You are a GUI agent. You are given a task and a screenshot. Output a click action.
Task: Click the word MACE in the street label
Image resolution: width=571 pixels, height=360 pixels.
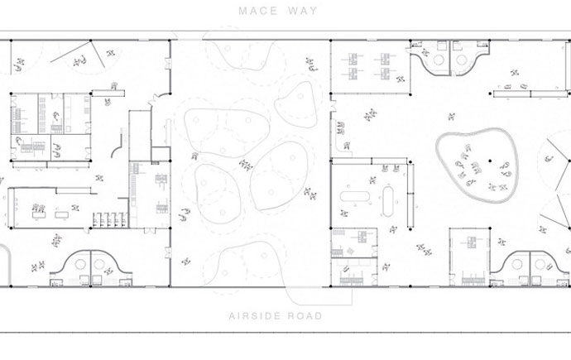coord(258,11)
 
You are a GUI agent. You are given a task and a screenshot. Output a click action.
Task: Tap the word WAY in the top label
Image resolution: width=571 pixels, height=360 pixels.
coord(303,11)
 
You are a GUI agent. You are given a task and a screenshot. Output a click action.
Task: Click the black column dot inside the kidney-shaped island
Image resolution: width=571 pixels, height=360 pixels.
coord(490,161)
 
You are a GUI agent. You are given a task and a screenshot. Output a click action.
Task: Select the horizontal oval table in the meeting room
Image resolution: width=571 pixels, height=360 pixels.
coord(355,197)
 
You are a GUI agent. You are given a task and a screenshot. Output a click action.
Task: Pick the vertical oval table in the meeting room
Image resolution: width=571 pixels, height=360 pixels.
coord(388,201)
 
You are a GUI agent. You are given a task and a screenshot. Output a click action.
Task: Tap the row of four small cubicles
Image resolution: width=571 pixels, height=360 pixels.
coord(110,220)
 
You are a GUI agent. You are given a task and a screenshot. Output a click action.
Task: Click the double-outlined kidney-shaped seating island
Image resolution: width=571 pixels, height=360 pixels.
coord(477,165)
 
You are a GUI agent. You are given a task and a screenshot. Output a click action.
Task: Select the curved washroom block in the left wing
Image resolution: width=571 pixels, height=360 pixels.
coord(91,268)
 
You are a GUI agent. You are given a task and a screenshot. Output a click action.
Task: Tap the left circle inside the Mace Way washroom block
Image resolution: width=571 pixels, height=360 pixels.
coord(439,60)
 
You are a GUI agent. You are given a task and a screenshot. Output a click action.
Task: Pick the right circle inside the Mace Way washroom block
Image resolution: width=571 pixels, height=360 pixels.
coord(462,60)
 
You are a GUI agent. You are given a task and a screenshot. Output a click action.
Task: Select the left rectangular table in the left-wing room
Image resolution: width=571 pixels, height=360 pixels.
coord(39,215)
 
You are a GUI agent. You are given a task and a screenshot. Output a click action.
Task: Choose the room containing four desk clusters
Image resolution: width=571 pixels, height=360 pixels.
coord(371,67)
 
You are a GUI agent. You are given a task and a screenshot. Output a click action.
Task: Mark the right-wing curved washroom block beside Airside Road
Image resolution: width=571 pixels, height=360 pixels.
coord(530,268)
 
